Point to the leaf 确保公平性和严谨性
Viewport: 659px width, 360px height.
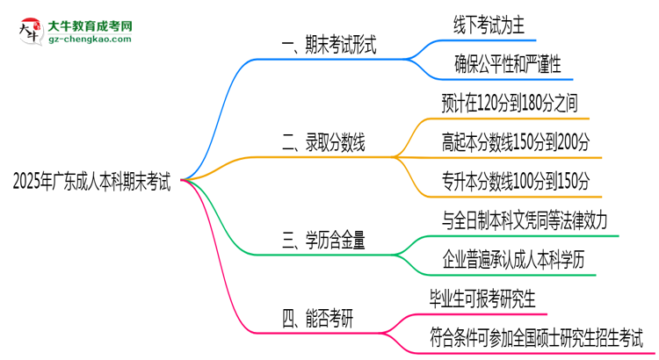(x=507, y=63)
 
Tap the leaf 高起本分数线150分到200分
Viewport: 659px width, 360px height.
(x=517, y=140)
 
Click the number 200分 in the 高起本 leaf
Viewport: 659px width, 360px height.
(x=575, y=140)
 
